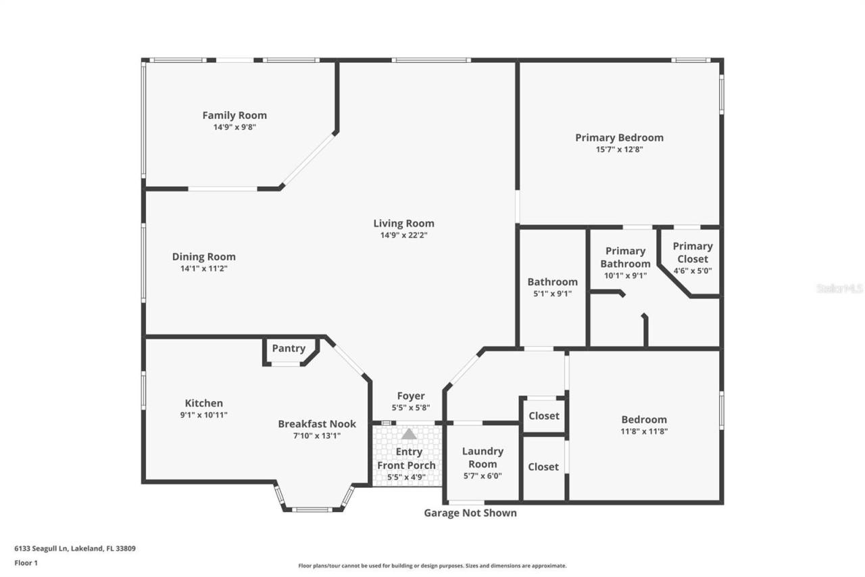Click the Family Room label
click(x=234, y=115)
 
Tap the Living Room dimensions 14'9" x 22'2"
click(x=403, y=235)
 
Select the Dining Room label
click(x=203, y=256)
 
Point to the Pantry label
click(x=289, y=348)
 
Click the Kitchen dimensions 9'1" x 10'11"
click(x=203, y=415)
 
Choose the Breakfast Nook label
click(x=317, y=424)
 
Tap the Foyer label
click(x=410, y=396)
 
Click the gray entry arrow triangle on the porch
click(x=409, y=434)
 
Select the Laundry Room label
click(x=483, y=457)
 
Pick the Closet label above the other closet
click(x=544, y=416)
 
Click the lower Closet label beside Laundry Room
click(x=543, y=467)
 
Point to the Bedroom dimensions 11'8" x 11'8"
click(x=644, y=432)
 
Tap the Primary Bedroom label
click(x=619, y=137)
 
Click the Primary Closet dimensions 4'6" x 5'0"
click(x=693, y=271)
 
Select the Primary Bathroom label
click(x=625, y=258)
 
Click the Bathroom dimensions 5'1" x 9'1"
click(x=552, y=294)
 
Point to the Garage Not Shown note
click(x=470, y=513)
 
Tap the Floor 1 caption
click(x=26, y=563)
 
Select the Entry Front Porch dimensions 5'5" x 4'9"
click(x=406, y=478)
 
